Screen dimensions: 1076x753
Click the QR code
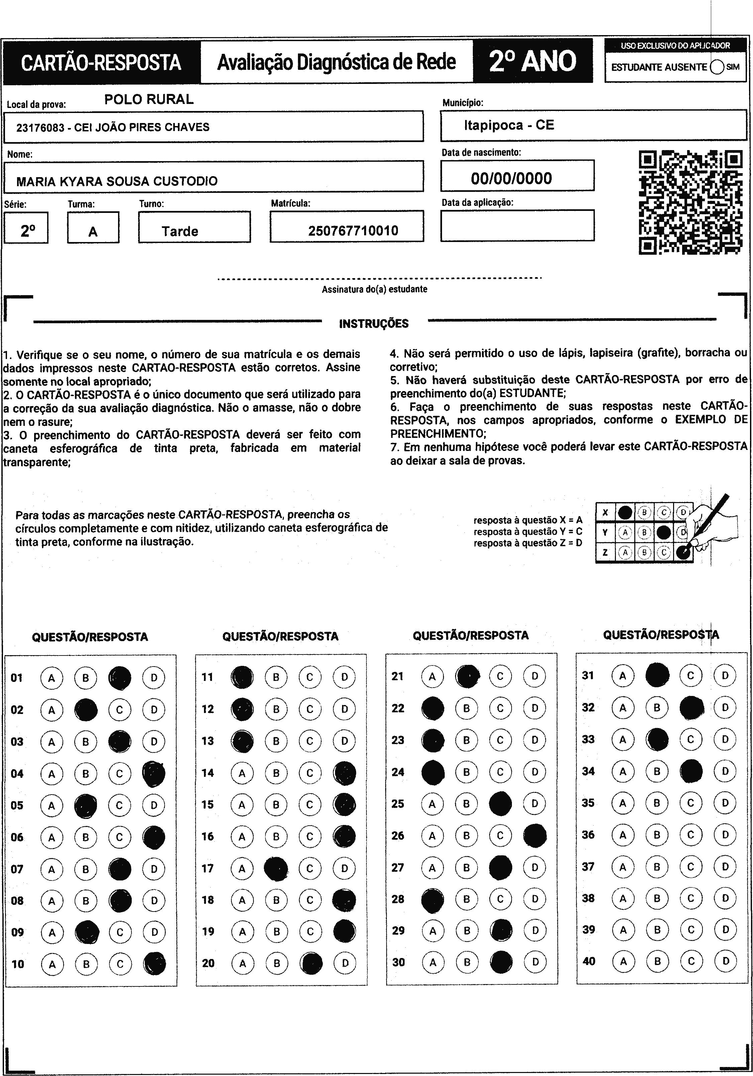(x=691, y=202)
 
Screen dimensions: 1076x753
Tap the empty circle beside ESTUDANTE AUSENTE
(x=717, y=67)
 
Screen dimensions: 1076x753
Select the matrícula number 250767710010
(x=353, y=231)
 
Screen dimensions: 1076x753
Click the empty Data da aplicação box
(x=517, y=225)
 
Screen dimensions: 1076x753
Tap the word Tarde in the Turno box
(x=180, y=231)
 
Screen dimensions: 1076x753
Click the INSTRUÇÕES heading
(x=374, y=323)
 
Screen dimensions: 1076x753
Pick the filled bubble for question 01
(x=120, y=678)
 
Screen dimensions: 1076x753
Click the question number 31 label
(x=588, y=675)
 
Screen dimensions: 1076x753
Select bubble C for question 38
(x=691, y=898)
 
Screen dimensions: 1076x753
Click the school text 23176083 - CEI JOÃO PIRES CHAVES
(x=113, y=127)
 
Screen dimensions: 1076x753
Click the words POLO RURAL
(x=149, y=99)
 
